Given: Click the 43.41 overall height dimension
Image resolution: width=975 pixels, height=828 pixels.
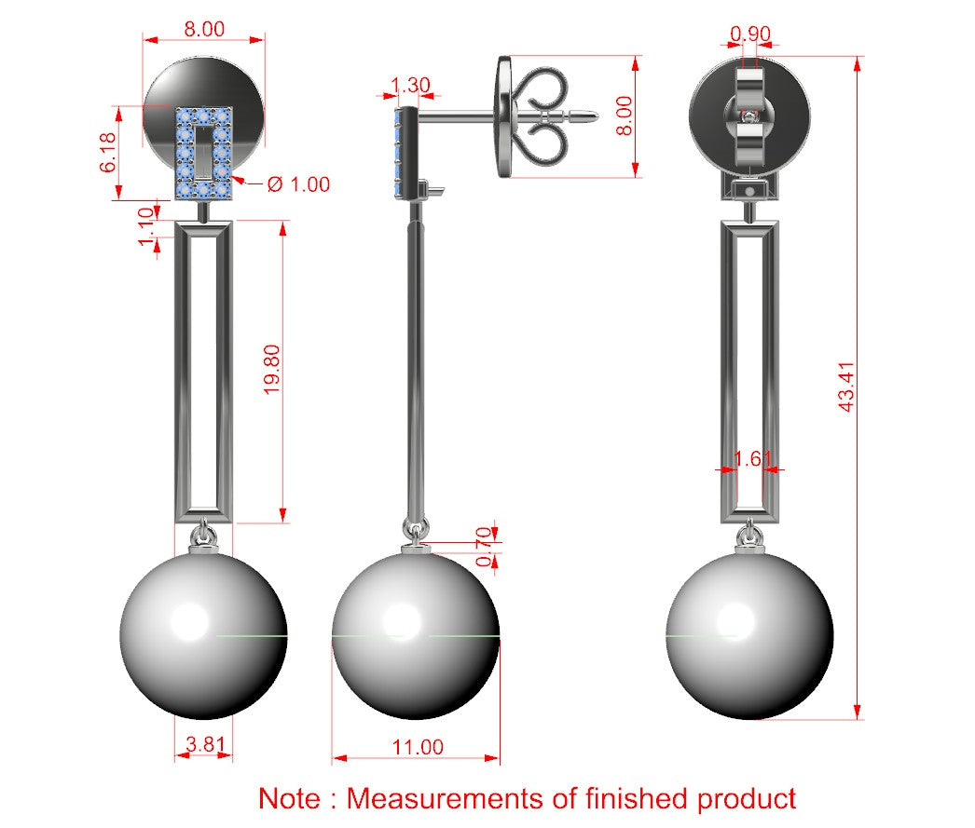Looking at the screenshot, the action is (847, 387).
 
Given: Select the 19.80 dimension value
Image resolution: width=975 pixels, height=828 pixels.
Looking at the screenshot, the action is (272, 370).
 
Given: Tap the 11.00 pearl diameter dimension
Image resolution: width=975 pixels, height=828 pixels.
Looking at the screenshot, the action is (418, 747).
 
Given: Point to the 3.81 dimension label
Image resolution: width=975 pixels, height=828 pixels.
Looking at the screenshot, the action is (205, 743).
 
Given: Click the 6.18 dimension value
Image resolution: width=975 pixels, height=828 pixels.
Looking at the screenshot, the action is (107, 152).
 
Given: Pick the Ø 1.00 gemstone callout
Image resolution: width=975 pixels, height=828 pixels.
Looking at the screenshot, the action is (298, 184).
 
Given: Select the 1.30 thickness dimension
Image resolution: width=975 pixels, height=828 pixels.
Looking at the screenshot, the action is (410, 85).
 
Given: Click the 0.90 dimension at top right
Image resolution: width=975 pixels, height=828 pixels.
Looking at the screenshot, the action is (750, 34).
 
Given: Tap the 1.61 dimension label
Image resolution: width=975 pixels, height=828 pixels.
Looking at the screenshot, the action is (753, 459).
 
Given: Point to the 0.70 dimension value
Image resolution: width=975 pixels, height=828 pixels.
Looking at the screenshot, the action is (485, 548).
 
